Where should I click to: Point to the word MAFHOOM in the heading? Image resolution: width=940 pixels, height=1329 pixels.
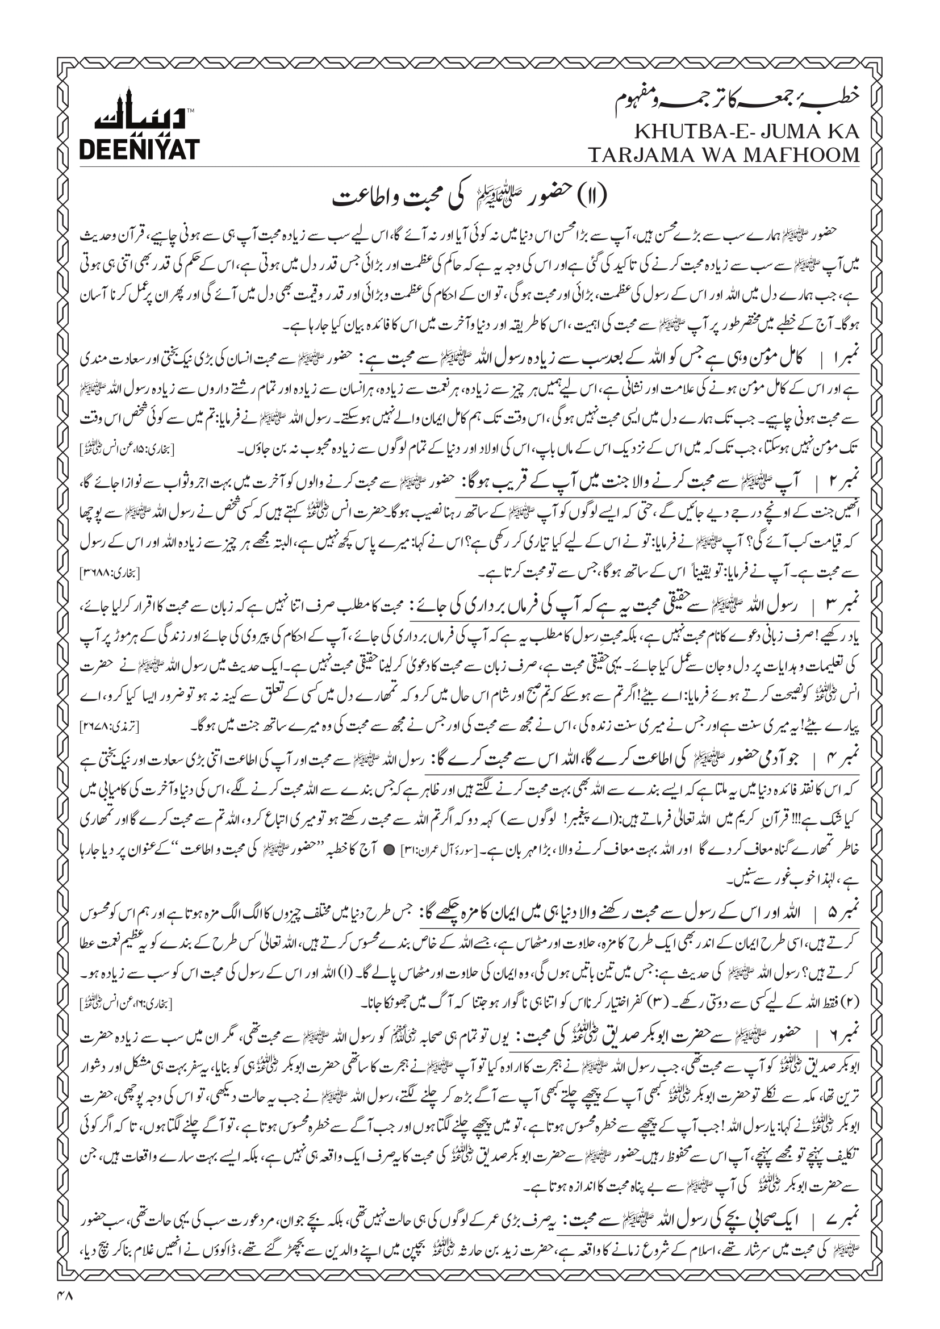(x=805, y=155)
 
